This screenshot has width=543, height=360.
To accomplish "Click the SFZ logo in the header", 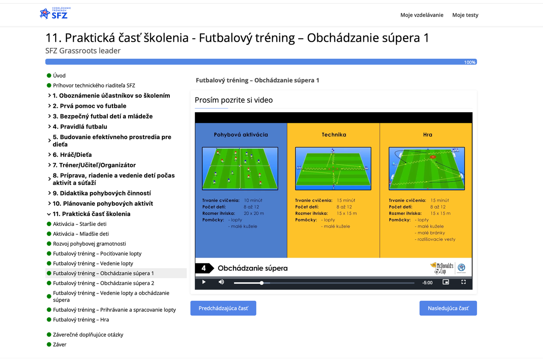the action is click(55, 13).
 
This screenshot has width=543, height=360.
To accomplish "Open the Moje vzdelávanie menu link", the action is click(422, 15).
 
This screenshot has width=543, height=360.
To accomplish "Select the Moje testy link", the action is click(465, 15).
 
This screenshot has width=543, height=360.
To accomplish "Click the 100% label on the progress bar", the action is click(470, 62).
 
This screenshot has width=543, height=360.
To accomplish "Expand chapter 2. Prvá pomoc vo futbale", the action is click(90, 106).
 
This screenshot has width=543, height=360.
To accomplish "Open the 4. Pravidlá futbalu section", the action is click(80, 126).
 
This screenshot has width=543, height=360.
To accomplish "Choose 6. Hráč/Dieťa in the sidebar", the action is click(72, 155).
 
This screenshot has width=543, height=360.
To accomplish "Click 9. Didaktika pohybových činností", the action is click(102, 193).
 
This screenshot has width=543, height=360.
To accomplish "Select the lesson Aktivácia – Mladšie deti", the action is click(81, 234).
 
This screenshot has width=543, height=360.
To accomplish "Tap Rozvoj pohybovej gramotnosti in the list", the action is click(90, 244).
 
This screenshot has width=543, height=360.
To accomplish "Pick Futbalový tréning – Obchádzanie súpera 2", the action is click(103, 283).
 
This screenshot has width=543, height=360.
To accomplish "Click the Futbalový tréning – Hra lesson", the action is click(81, 320).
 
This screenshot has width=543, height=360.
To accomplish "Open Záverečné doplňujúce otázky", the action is click(88, 335).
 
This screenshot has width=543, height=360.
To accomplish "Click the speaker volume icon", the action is click(221, 282).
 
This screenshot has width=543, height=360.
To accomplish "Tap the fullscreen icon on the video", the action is click(464, 282).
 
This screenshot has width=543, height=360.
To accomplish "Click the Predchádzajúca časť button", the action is click(223, 309).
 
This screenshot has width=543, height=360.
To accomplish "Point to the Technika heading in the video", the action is click(334, 135).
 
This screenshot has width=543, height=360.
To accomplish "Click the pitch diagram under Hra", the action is click(427, 168).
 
